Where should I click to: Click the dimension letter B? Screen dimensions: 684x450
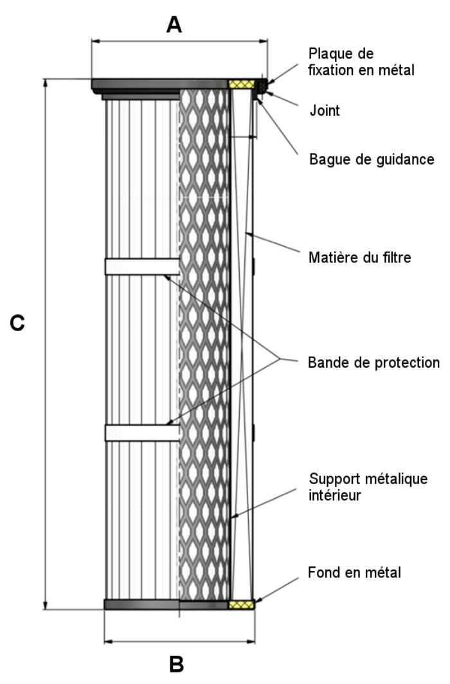pos(176,663)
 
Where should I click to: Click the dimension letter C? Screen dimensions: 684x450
pos(18,323)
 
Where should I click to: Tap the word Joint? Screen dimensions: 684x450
pos(324,111)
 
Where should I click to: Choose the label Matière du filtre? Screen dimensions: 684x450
pos(359,258)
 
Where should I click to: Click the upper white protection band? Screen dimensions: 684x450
pos(141,267)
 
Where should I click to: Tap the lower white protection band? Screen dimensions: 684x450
pos(141,433)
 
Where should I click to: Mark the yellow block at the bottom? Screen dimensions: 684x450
pos(242,605)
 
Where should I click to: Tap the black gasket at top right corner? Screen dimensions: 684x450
pos(262,84)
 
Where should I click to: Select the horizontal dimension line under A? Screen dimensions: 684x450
pos(179,42)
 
